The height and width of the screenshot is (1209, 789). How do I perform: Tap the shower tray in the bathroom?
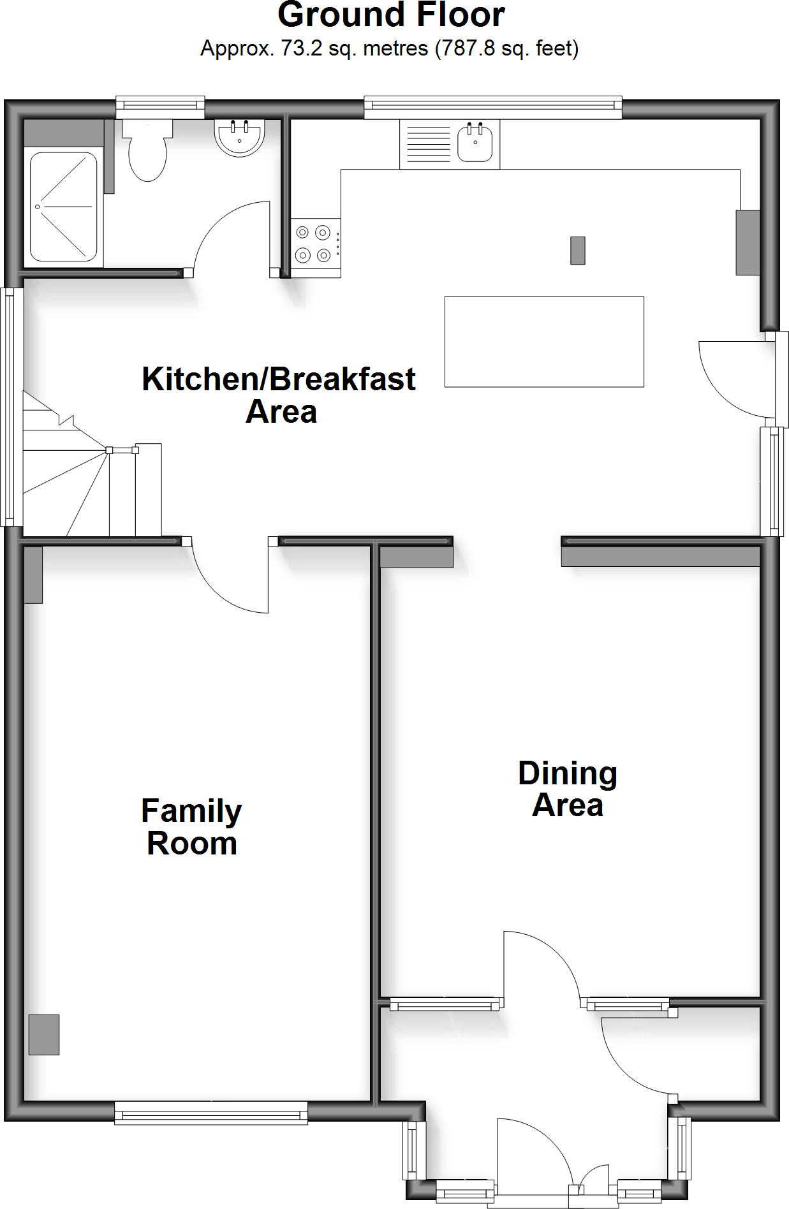point(63,206)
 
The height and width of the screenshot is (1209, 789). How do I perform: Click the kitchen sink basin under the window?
point(475,144)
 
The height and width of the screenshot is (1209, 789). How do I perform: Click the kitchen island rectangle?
point(544,341)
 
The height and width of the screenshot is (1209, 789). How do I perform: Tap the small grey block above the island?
point(578,250)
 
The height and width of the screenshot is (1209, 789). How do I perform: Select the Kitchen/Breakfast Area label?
point(279,395)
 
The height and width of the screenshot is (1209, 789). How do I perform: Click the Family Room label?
point(191,826)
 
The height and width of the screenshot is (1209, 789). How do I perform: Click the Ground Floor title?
point(391,15)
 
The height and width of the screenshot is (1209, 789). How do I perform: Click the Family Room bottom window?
point(211,1113)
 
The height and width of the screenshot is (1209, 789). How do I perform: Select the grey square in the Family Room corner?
point(44,1034)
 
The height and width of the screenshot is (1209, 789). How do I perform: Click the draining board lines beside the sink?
point(428,144)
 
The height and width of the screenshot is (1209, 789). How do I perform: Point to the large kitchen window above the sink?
point(492,106)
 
